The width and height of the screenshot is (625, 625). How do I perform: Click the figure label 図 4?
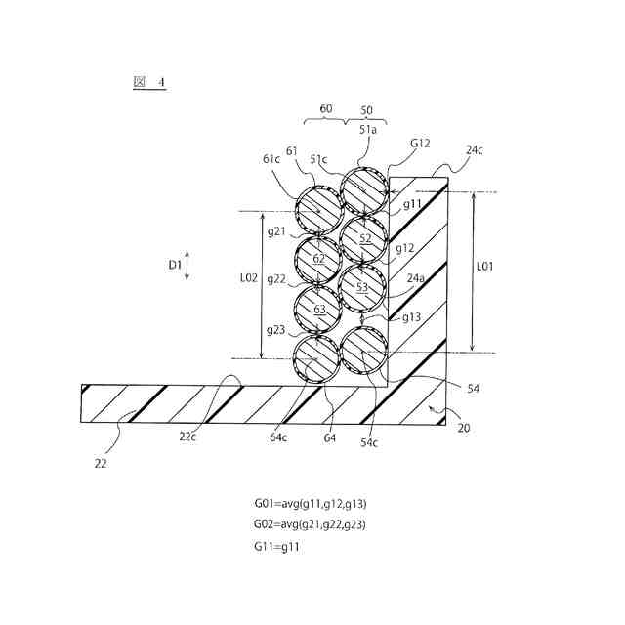pos(148,83)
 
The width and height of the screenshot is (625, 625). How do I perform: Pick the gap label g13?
pos(410,317)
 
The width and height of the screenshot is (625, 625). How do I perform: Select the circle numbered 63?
pos(319,310)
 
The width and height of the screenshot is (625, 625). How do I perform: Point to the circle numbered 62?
pos(319,259)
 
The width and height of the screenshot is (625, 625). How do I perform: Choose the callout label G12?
pos(420,144)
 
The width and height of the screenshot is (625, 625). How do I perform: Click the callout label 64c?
pos(279,437)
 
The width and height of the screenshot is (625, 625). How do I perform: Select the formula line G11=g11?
pos(276,546)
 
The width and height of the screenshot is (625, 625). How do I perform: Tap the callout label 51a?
pos(368,129)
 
